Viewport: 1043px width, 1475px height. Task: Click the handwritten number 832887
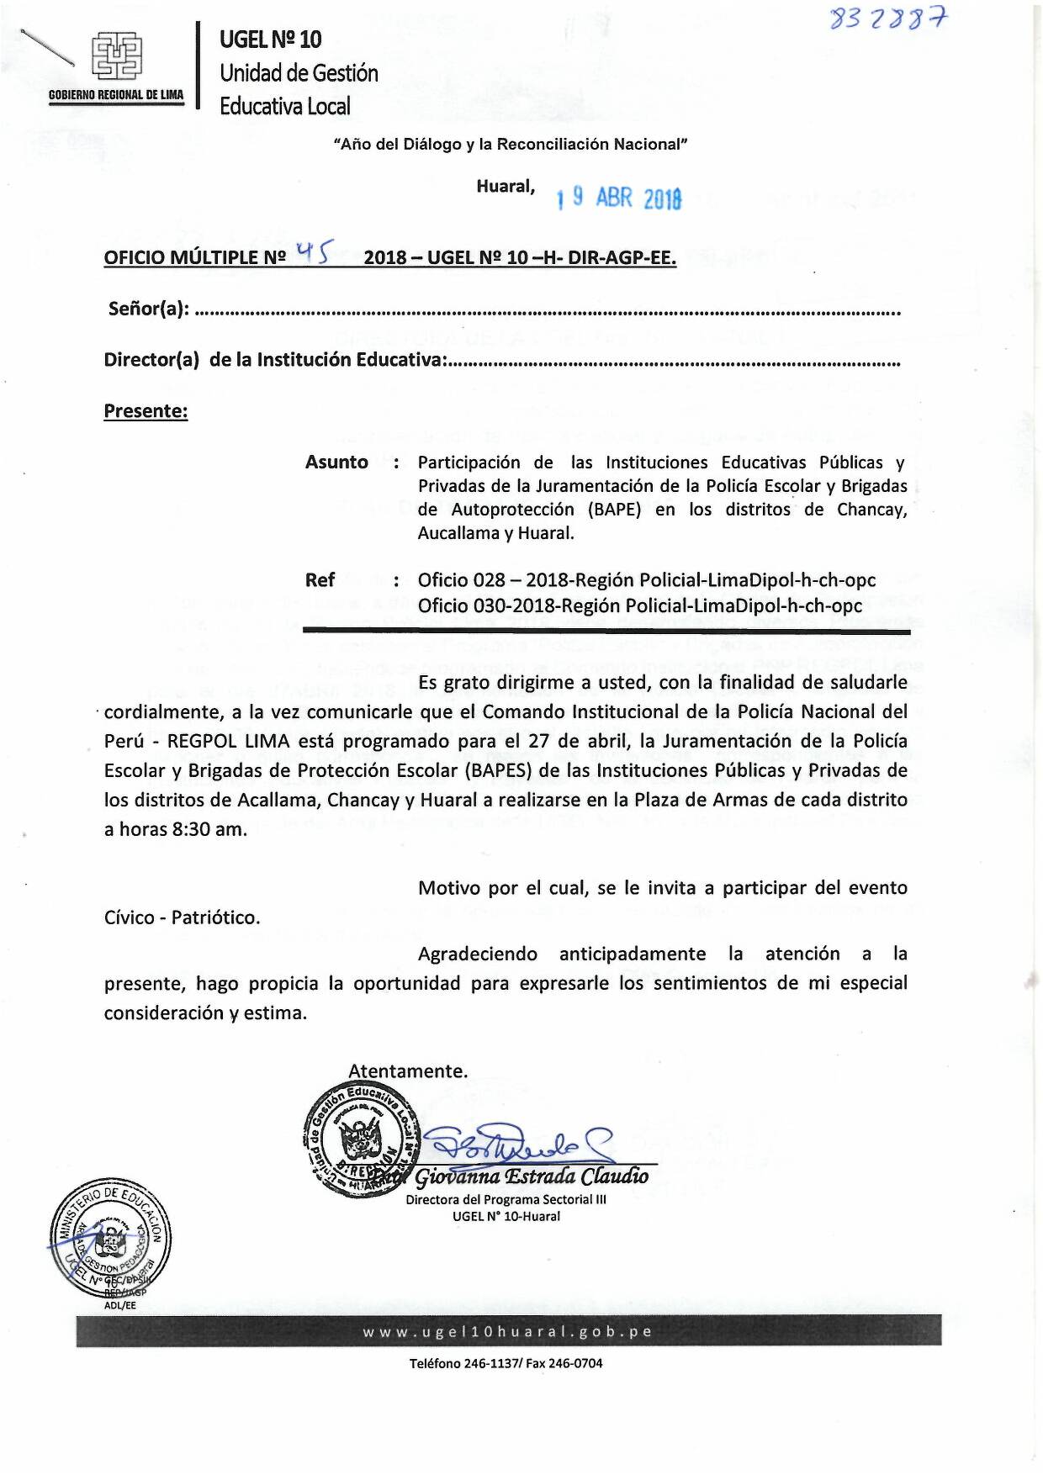click(x=887, y=18)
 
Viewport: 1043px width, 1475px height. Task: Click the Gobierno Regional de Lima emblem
click(x=116, y=57)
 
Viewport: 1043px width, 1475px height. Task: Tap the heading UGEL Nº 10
click(x=270, y=40)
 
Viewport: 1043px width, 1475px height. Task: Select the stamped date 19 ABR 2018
click(x=618, y=198)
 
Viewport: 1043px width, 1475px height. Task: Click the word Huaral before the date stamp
click(x=505, y=187)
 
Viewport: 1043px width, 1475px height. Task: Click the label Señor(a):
click(x=149, y=309)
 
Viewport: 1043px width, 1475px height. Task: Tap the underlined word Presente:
click(x=146, y=411)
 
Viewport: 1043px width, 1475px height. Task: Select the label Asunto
click(x=336, y=463)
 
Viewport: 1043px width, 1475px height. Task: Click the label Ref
click(x=320, y=580)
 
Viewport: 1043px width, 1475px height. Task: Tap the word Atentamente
click(x=408, y=1071)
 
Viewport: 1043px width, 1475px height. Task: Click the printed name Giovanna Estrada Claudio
click(x=532, y=1176)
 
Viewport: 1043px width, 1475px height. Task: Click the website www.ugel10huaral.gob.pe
click(x=508, y=1332)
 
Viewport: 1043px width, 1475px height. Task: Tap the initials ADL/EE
click(x=119, y=1305)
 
